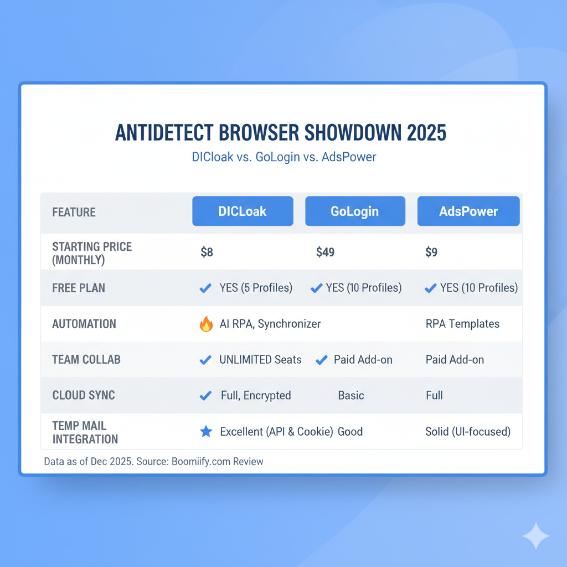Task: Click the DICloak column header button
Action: point(243,211)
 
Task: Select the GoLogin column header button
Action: point(355,211)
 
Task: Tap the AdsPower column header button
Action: point(468,211)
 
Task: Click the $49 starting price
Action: point(325,252)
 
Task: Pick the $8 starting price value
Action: point(207,252)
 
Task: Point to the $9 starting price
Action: point(431,252)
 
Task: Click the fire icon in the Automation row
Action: point(206,323)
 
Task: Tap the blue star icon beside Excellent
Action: point(206,431)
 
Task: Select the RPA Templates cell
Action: point(462,323)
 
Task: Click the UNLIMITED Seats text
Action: point(260,360)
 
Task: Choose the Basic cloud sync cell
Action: point(351,395)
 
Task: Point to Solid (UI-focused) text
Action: point(468,432)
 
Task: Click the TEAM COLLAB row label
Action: point(86,359)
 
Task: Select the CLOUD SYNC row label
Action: point(84,395)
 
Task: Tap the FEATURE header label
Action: point(74,212)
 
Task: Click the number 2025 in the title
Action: point(427,133)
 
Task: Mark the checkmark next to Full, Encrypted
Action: point(206,395)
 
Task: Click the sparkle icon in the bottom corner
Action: point(536,536)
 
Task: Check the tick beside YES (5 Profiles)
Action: point(206,288)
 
